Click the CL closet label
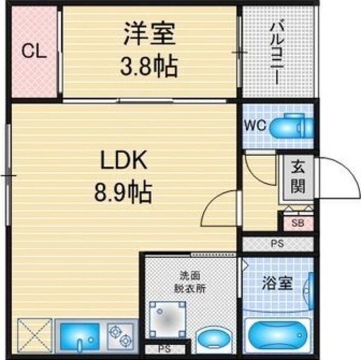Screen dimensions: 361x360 [34, 51]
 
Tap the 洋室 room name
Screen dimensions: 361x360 [149, 33]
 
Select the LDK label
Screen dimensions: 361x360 [124, 160]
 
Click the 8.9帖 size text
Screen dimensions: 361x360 [123, 192]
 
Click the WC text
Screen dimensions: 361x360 [255, 126]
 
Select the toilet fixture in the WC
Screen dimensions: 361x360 [292, 126]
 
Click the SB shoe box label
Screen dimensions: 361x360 [298, 223]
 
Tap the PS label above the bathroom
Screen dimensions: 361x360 [277, 243]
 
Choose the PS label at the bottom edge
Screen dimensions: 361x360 [165, 349]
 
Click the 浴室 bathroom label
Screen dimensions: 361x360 [277, 283]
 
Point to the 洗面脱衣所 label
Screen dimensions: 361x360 [190, 282]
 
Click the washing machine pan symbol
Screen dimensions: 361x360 [167, 319]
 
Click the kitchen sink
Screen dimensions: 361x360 [80, 337]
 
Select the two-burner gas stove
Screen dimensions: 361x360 [120, 336]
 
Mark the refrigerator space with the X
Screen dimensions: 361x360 [34, 335]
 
